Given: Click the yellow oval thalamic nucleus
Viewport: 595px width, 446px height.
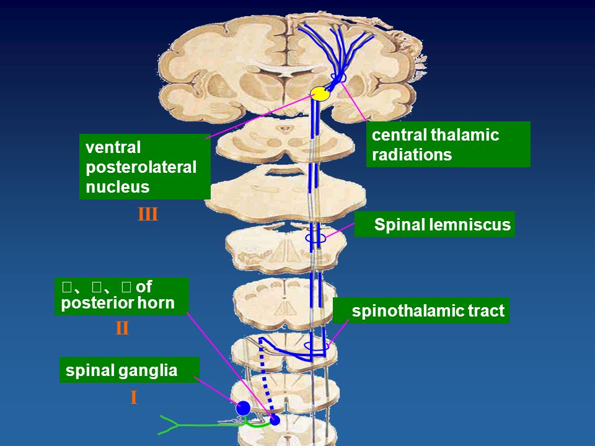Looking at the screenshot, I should coord(320,94).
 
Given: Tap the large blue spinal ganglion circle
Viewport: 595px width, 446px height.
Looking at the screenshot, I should coord(244,408).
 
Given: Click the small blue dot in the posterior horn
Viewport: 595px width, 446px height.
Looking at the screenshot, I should coord(275,421).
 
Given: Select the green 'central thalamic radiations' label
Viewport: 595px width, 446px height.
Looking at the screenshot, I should coord(448,144).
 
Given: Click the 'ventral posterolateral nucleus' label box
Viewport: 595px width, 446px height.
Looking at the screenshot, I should coord(145,167).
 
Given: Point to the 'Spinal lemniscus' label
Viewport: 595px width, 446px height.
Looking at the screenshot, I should coord(436,225).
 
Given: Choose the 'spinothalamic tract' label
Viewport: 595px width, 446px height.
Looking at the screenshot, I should coord(421,310).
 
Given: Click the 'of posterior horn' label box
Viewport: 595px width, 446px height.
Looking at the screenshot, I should coord(121,296).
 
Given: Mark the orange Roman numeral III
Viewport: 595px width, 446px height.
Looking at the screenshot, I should coord(148,216).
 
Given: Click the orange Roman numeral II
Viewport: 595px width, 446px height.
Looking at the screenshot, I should coord(122,329).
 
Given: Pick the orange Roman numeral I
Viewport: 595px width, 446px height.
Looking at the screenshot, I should coord(133,398).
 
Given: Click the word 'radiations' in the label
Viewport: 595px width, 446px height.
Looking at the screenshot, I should coord(412,155).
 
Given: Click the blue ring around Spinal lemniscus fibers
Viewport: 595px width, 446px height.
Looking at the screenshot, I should coord(315,238).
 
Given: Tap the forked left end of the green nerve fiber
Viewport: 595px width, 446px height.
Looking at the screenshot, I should coord(167,424).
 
